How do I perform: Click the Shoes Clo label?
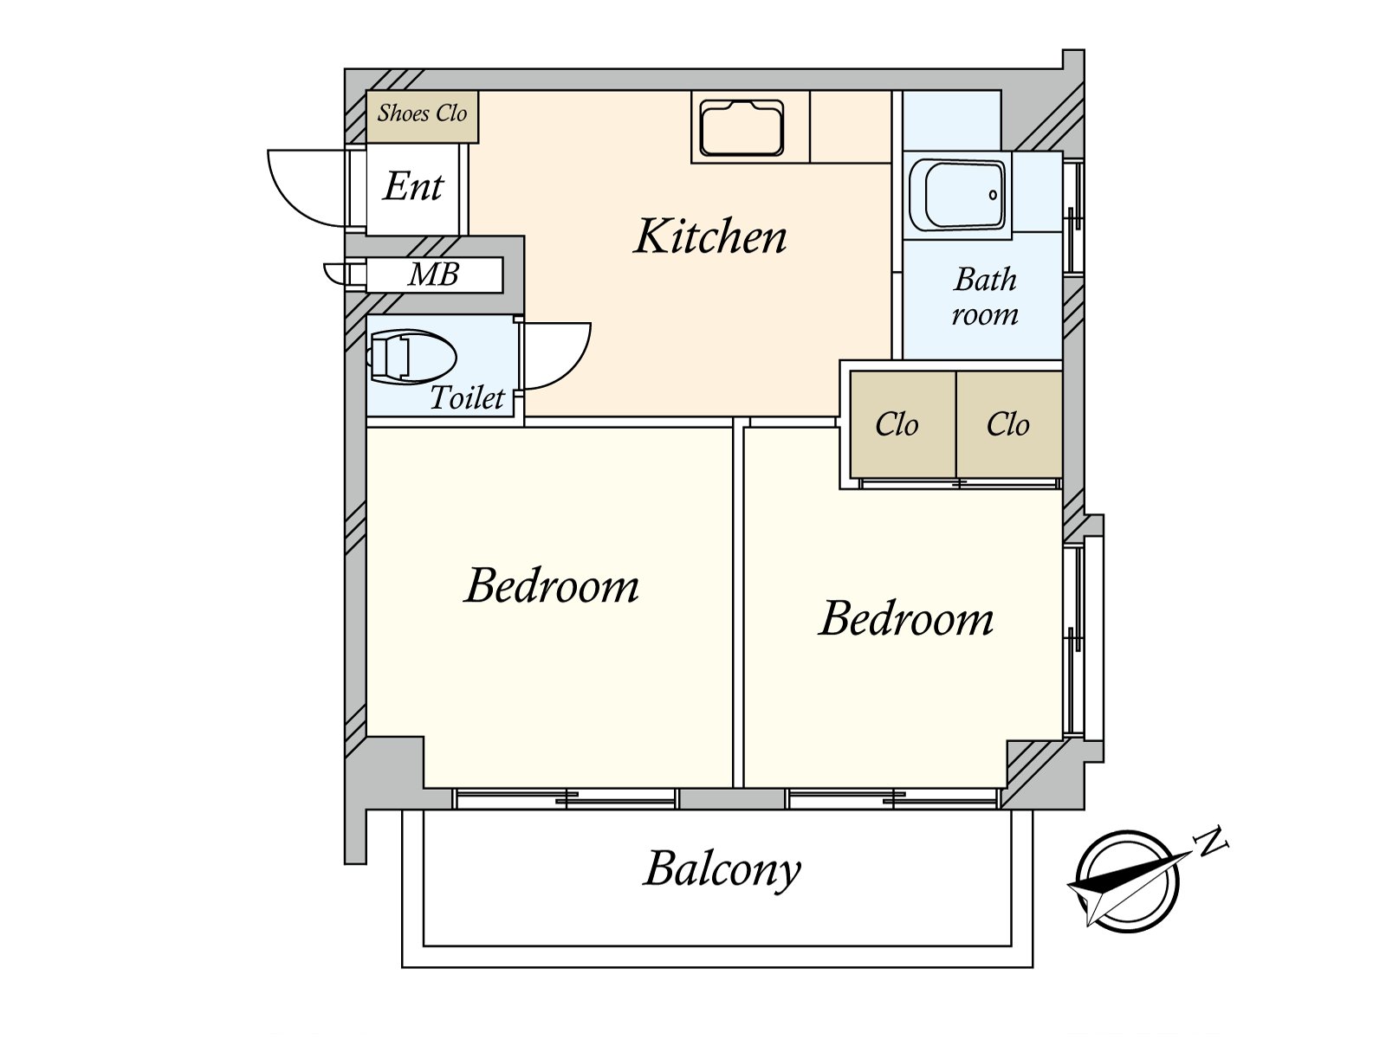pyautogui.click(x=422, y=113)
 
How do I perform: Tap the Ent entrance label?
pyautogui.click(x=413, y=186)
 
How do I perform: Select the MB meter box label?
pyautogui.click(x=433, y=274)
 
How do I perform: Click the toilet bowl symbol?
pyautogui.click(x=411, y=356)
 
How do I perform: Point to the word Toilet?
pyautogui.click(x=467, y=398)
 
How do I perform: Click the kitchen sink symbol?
pyautogui.click(x=742, y=128)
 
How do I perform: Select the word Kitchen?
pyautogui.click(x=710, y=236)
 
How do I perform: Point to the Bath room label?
pyautogui.click(x=985, y=296)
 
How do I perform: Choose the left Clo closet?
pyautogui.click(x=897, y=424)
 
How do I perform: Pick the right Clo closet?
pyautogui.click(x=1007, y=424)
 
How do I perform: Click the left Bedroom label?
pyautogui.click(x=552, y=586)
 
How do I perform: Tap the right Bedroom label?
pyautogui.click(x=906, y=618)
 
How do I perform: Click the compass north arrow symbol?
pyautogui.click(x=1126, y=881)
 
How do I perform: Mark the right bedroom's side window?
pyautogui.click(x=1074, y=639)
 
